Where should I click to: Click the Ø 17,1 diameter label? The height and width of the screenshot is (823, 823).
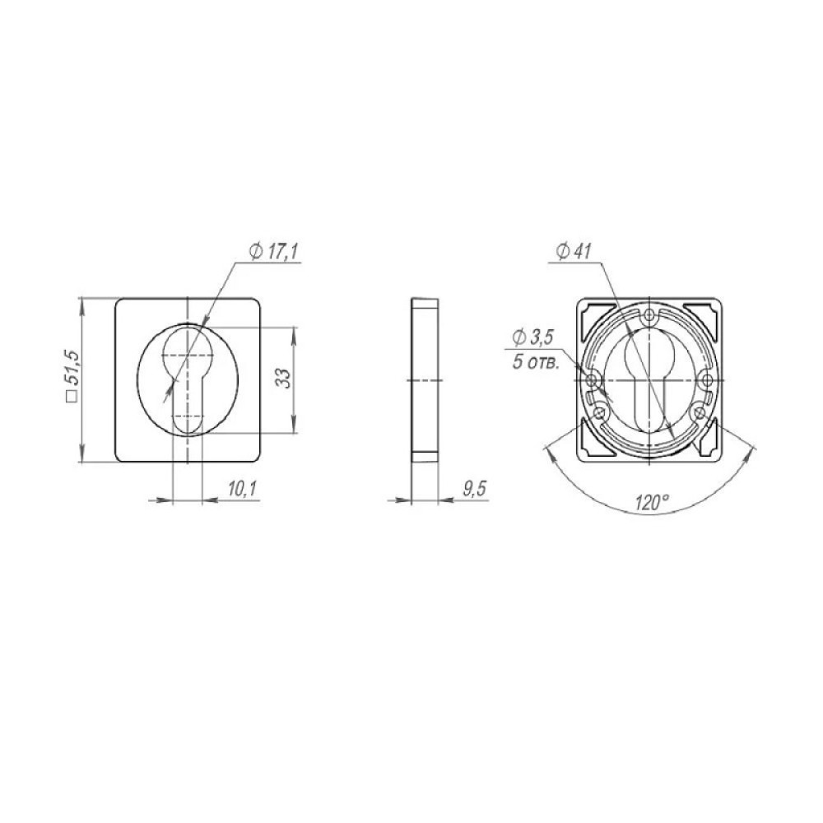click(273, 253)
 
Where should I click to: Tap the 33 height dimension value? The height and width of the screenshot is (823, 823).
click(283, 378)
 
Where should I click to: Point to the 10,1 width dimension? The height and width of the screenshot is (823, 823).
click(241, 489)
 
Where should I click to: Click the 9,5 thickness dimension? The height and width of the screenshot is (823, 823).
click(474, 489)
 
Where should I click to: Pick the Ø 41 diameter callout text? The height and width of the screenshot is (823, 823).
click(573, 252)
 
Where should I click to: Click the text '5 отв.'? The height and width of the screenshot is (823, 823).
click(536, 363)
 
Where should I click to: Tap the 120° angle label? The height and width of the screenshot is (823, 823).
click(651, 502)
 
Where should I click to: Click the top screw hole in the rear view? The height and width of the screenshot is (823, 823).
click(650, 315)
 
